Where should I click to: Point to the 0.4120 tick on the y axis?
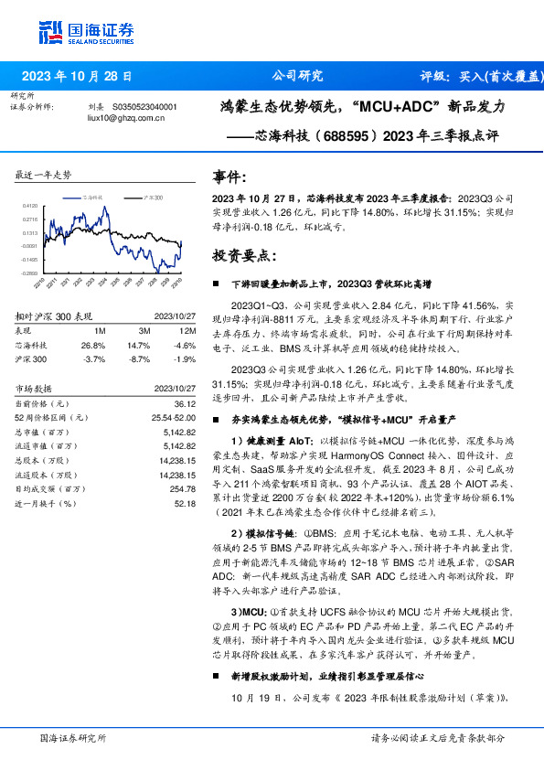pyautogui.click(x=30, y=207)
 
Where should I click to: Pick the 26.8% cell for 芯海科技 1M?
pyautogui.click(x=93, y=345)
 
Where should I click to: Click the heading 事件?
pyautogui.click(x=229, y=177)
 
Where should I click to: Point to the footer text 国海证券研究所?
pyautogui.click(x=73, y=738)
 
